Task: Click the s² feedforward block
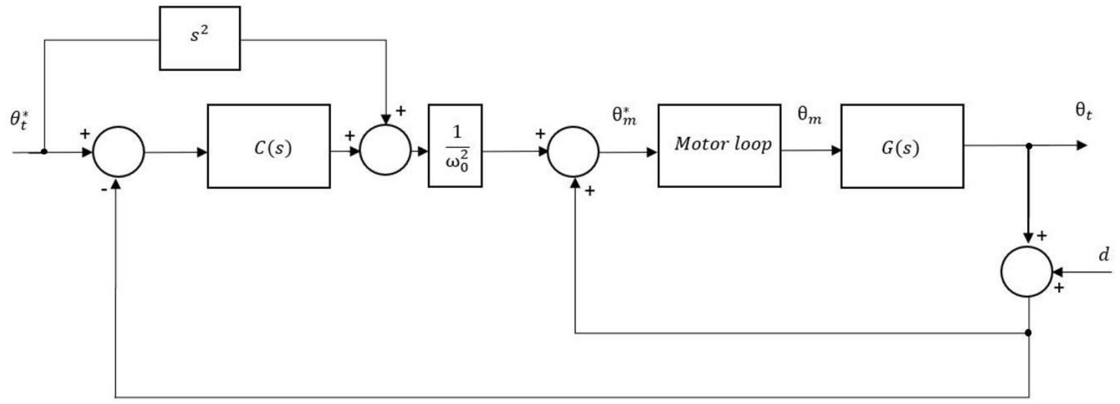tap(199, 38)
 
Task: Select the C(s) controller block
tap(269, 146)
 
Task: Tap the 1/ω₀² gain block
tap(455, 146)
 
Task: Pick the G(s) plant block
tap(902, 146)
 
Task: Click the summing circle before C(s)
tap(118, 151)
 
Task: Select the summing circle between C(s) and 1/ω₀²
tap(385, 150)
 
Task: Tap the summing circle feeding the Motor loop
tap(573, 151)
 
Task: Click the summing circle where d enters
tap(1027, 272)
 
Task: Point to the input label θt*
tap(20, 120)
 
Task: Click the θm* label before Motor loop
tap(624, 116)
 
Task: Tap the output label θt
tap(1083, 111)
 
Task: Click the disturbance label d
tap(1104, 254)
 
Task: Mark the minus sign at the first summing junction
tap(104, 189)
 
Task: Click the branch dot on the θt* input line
tap(44, 151)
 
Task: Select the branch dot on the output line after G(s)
tap(1029, 146)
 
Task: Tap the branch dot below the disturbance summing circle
tap(1028, 333)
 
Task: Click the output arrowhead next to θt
tap(1081, 146)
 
